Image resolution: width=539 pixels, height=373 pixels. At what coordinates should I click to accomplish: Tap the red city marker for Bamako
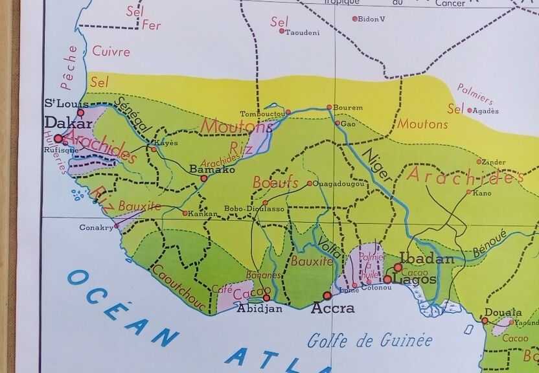pos(204,178)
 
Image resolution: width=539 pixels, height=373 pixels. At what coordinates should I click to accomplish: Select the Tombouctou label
pos(262,113)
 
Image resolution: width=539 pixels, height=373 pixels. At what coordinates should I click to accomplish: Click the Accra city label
pos(333,308)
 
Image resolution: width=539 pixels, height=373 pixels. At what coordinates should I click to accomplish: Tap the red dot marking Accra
pos(327,295)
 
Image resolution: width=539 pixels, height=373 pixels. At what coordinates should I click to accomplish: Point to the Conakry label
pos(95,227)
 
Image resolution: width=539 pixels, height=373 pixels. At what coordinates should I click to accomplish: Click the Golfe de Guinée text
pos(370,340)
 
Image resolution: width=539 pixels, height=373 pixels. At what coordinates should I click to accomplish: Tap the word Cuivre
pos(111,51)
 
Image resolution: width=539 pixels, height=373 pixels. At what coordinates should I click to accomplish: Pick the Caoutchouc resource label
pos(178,287)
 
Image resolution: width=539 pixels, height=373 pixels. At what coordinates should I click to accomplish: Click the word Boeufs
pos(275,183)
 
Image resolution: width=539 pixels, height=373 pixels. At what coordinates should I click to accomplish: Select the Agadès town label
pos(487,111)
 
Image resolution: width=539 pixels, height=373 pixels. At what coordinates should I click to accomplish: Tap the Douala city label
pos(503,312)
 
